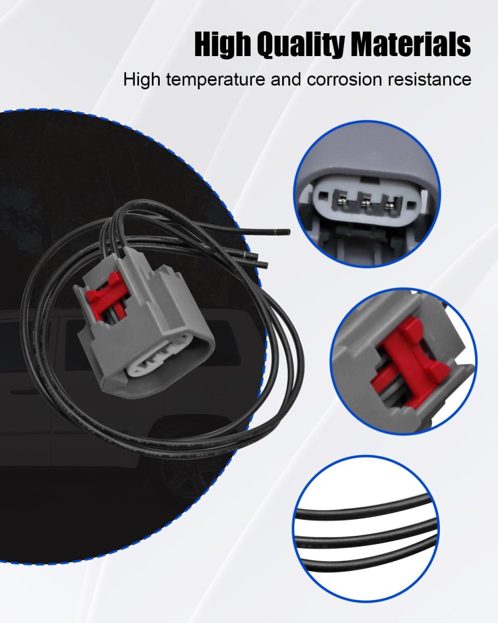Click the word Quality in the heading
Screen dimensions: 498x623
coord(300,45)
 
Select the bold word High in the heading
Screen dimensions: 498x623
coord(222,45)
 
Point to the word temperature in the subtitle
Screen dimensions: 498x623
coord(215,79)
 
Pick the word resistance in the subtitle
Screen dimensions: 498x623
coord(430,79)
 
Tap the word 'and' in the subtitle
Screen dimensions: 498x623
coord(286,79)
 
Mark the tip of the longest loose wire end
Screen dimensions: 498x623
coord(289,232)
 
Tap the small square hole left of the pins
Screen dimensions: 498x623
coord(323,197)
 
